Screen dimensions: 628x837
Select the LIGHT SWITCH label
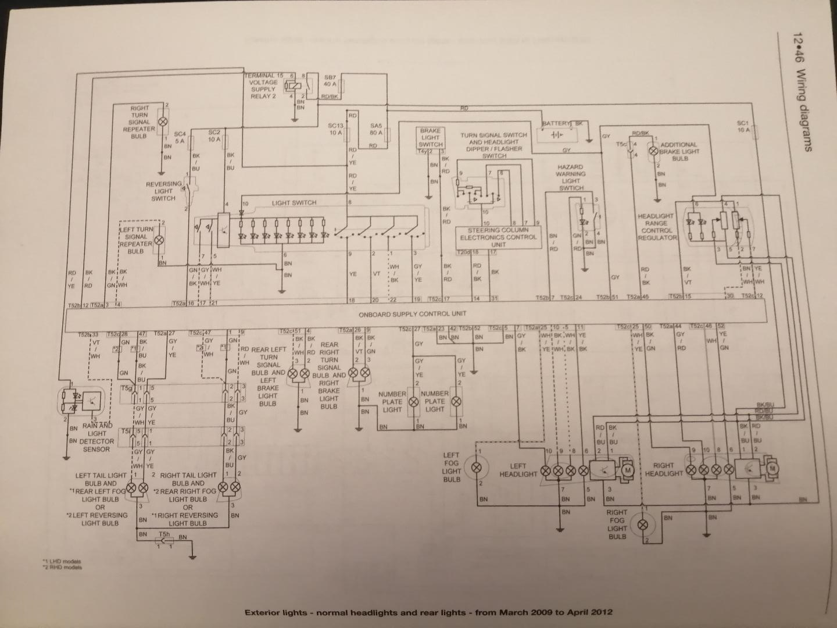(x=294, y=203)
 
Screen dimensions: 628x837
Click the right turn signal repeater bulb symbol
(x=163, y=122)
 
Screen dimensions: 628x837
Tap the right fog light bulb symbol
(x=643, y=524)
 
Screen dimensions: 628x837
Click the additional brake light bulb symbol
(x=653, y=151)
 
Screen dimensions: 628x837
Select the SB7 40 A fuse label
(x=330, y=81)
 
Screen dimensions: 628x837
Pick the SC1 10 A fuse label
(x=743, y=127)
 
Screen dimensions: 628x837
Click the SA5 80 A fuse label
(x=375, y=129)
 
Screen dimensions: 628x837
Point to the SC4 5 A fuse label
(x=179, y=137)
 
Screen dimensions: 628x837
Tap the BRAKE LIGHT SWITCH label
(x=430, y=138)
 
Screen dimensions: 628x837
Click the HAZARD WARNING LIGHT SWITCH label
(x=570, y=177)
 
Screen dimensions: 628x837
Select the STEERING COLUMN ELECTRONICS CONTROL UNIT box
(x=498, y=237)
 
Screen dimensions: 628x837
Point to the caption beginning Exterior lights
(x=429, y=612)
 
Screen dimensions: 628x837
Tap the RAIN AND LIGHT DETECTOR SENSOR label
(x=96, y=437)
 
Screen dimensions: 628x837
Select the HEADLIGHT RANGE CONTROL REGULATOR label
(x=656, y=227)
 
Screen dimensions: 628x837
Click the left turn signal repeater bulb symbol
(x=158, y=239)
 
